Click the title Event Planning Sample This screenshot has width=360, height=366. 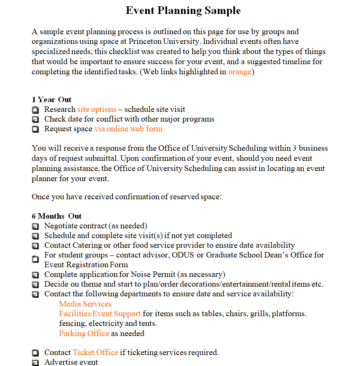point(183,11)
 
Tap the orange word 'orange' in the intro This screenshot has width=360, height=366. point(240,72)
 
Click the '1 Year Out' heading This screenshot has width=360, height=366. point(51,100)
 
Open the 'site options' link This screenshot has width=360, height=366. point(97,109)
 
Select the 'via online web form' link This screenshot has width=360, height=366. point(128,129)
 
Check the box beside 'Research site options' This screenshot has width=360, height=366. point(35,110)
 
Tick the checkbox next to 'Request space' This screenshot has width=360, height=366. point(35,129)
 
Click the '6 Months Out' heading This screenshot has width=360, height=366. point(57,216)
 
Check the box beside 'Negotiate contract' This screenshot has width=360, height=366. point(35,226)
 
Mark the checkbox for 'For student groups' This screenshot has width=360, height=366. point(35,259)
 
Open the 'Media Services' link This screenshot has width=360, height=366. point(85,304)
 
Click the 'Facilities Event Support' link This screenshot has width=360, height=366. point(100,314)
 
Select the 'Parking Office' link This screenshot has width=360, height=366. point(84,333)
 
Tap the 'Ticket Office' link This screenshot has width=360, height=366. point(95,352)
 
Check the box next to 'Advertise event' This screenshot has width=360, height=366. point(35,362)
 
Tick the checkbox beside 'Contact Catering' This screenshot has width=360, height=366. point(35,246)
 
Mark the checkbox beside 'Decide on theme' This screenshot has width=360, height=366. point(35,285)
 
